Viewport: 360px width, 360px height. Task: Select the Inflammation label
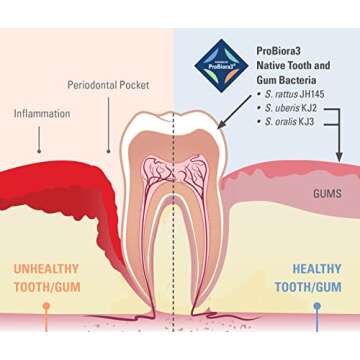point(42,114)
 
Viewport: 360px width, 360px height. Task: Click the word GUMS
point(327,193)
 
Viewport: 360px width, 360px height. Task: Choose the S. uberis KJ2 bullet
point(291,107)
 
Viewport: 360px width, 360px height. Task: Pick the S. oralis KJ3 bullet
point(290,121)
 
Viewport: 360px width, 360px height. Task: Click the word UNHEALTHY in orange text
point(45,269)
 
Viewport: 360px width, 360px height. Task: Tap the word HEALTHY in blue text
point(316,269)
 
